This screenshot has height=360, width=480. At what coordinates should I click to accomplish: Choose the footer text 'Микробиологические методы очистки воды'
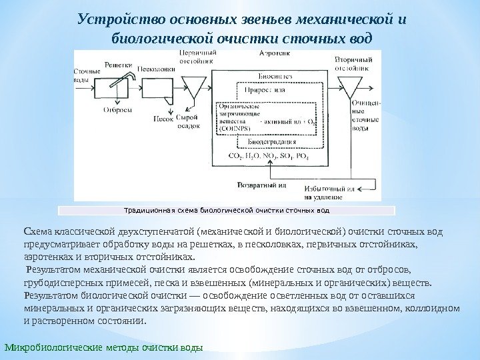click(x=103, y=349)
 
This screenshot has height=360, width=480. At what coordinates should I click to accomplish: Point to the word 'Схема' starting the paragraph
click(x=35, y=231)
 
